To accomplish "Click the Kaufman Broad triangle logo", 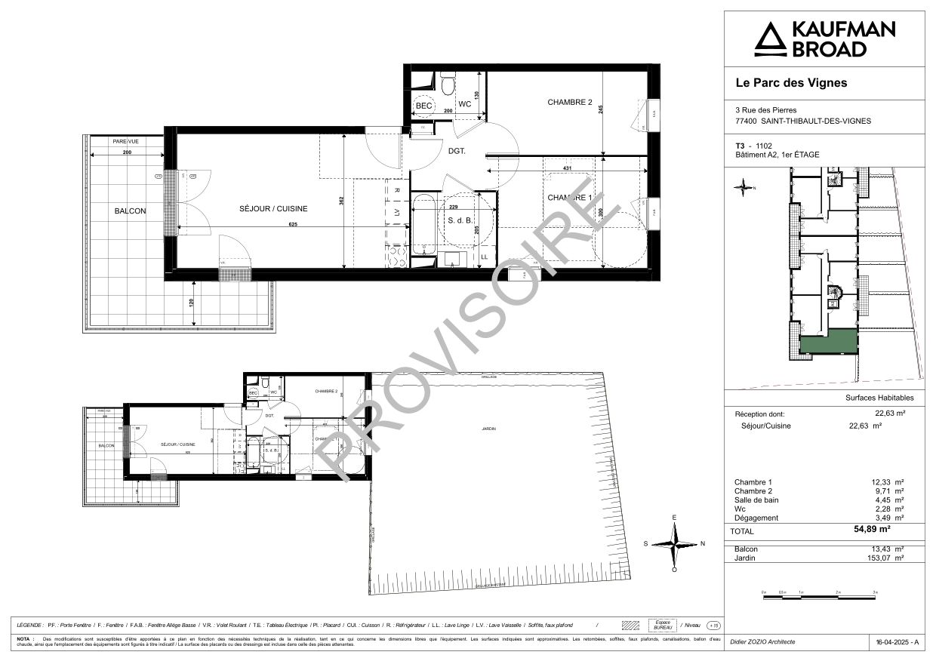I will (x=770, y=39).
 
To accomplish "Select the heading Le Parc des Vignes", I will (x=791, y=83).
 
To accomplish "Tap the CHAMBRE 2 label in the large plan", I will (x=570, y=102).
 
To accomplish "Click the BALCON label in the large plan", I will (x=131, y=211).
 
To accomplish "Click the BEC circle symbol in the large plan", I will (x=424, y=106).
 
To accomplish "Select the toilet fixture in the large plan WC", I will (x=447, y=81).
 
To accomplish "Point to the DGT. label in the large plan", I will (x=457, y=151).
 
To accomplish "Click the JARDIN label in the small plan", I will (x=489, y=429).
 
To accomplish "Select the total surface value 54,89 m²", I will (x=885, y=530).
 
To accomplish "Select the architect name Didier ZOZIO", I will (x=762, y=642).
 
